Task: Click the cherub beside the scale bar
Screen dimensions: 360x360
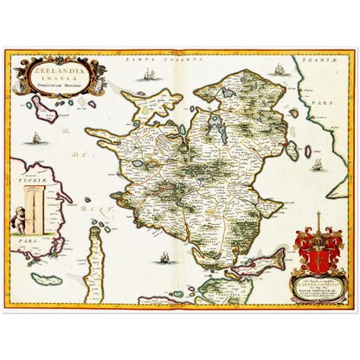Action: click(19, 221)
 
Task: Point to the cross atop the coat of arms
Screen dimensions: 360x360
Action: click(318, 218)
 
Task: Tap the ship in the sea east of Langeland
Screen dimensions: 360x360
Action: click(164, 257)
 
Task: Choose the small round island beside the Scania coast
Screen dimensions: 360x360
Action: click(292, 112)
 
